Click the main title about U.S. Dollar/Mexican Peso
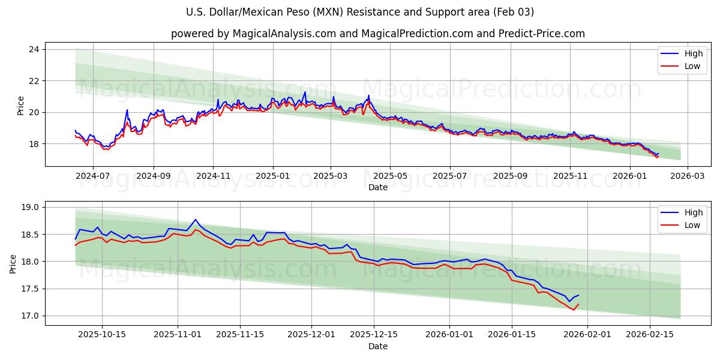(x=360, y=12)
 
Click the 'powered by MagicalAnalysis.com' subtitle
(x=378, y=34)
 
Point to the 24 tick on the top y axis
(x=34, y=49)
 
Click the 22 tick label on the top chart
(x=34, y=81)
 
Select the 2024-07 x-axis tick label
(x=93, y=175)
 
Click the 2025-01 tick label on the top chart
(x=273, y=175)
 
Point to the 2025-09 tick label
(x=511, y=175)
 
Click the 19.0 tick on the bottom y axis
(x=31, y=208)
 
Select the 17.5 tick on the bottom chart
(x=31, y=289)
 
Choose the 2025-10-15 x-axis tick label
(x=103, y=334)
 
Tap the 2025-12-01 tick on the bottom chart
(x=311, y=334)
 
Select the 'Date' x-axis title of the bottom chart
(x=378, y=346)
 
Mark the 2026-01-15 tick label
(x=512, y=334)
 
